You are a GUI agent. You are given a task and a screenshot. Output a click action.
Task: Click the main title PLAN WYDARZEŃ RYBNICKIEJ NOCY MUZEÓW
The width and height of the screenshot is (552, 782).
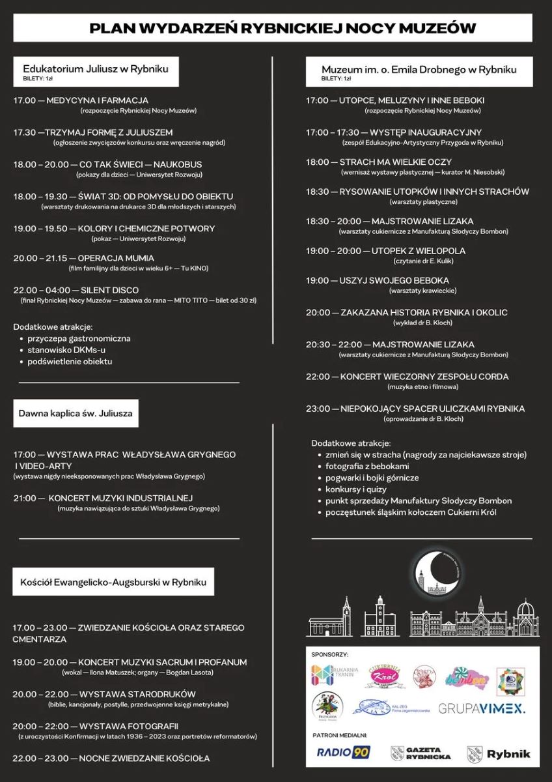pos(283,28)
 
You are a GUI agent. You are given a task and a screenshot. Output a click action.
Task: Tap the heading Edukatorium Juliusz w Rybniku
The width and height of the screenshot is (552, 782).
pos(96,68)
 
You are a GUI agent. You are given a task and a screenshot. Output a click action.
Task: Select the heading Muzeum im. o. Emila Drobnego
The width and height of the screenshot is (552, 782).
pos(419,69)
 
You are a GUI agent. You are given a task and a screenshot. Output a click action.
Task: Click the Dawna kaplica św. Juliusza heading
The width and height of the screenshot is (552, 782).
pos(75,413)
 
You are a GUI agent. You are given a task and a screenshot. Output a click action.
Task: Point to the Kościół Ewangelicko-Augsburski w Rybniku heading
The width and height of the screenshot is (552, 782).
pos(113,581)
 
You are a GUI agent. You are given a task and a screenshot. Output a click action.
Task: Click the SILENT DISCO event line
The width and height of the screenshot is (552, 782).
pos(76,290)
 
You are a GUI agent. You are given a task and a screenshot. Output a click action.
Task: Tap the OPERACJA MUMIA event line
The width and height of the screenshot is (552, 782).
pos(76,258)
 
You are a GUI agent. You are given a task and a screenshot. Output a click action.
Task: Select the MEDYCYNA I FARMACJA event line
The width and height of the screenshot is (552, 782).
pos(81,100)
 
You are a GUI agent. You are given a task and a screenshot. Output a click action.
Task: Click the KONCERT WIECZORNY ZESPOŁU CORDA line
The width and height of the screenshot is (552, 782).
pos(407,377)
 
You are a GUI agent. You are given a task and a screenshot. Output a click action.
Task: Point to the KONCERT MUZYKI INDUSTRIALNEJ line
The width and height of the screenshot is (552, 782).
pos(103,499)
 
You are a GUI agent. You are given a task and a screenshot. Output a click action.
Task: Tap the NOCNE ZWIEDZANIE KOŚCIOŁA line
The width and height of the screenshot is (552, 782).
pos(111,759)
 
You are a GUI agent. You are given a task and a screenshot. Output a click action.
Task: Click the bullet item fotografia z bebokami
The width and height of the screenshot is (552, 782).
pos(367,467)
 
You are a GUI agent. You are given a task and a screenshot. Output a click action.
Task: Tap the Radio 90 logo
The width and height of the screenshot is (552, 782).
pos(343,753)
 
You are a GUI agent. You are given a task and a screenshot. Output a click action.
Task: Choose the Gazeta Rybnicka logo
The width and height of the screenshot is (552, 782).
pos(421,753)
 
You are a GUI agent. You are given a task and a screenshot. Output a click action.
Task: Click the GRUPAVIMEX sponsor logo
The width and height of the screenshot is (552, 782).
pos(482,708)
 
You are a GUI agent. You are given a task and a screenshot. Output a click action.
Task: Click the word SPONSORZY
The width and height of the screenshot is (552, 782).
pos(330,654)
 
